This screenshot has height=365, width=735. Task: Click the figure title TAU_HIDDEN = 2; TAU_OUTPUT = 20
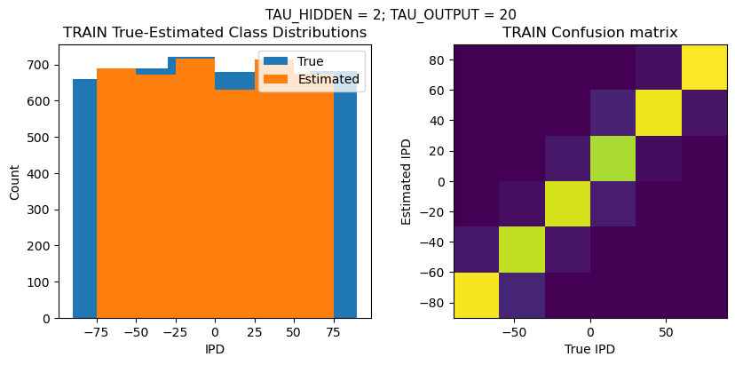[x=391, y=14]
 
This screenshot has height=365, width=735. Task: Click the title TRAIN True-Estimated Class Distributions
[x=215, y=33]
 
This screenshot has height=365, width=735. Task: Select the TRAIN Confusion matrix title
[x=589, y=33]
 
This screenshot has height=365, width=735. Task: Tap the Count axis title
[x=15, y=182]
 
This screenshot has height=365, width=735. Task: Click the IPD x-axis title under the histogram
[x=215, y=349]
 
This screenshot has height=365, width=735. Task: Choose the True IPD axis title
[x=589, y=349]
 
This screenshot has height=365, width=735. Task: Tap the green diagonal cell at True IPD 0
[x=567, y=158]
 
